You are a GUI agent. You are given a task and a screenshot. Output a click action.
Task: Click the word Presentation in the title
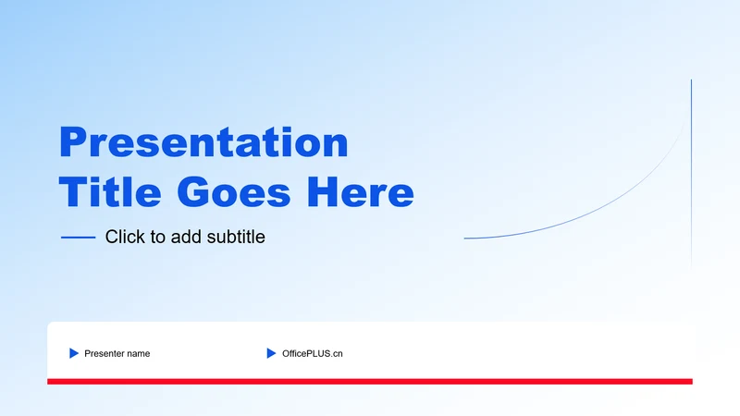[x=203, y=142]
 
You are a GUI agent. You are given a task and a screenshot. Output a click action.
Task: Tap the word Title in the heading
[x=110, y=192]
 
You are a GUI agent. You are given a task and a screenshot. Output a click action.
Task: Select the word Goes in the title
[x=234, y=192]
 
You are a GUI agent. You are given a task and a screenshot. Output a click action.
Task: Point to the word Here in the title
[x=361, y=192]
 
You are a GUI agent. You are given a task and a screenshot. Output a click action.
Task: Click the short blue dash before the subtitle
[x=79, y=238]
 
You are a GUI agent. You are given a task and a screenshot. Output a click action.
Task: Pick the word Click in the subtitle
[x=126, y=237]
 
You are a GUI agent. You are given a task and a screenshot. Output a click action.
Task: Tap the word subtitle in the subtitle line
[x=236, y=237]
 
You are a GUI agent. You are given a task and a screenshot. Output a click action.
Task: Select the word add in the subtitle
[x=187, y=237]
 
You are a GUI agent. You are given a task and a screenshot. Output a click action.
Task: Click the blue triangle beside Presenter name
[x=74, y=353]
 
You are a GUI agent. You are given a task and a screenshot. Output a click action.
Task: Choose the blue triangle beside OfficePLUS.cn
[x=271, y=353]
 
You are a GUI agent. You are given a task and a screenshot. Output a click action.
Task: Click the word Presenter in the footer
[x=104, y=354]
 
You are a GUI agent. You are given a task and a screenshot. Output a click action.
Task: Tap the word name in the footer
[x=137, y=354]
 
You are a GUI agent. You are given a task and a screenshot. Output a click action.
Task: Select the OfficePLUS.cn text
[x=313, y=354]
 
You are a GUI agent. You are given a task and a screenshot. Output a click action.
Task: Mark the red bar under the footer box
[x=370, y=382]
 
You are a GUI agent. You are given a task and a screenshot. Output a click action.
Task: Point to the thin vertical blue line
[x=691, y=175]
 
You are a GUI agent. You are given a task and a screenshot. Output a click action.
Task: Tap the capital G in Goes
[x=193, y=192]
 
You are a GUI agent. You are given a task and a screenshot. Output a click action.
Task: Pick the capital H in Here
[x=323, y=192]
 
